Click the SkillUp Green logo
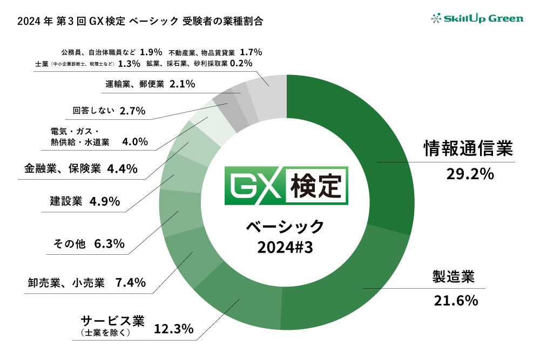tap(477, 19)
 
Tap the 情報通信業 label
tap(468, 149)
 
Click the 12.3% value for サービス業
tap(174, 328)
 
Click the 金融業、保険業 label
tap(62, 168)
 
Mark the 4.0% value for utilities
tap(135, 142)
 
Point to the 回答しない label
tap(94, 111)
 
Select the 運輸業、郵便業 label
tap(134, 84)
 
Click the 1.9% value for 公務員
tap(151, 52)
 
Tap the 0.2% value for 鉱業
tap(241, 64)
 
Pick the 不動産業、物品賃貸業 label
tap(201, 52)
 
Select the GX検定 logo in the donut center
tap(286, 187)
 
